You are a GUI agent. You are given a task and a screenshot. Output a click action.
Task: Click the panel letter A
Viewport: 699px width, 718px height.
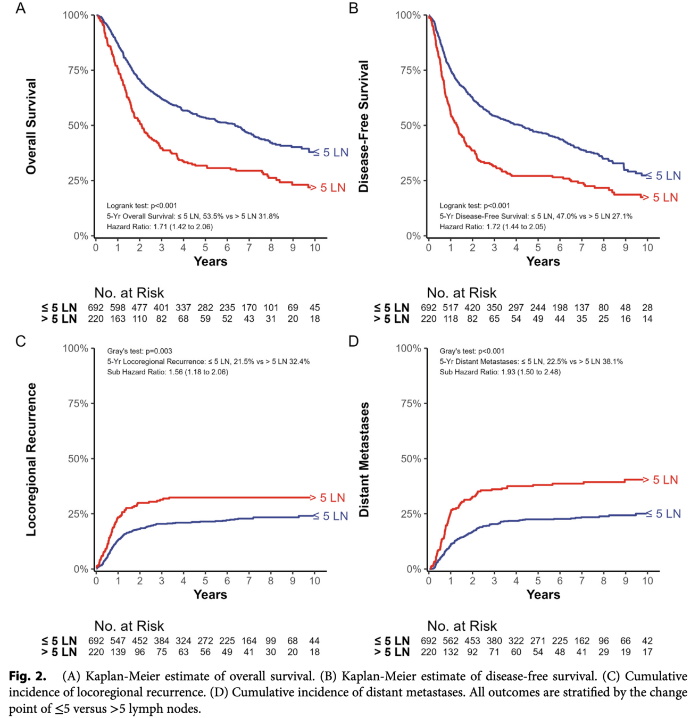tap(20, 9)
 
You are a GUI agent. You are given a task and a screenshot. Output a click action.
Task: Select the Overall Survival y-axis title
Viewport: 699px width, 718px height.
tap(31, 127)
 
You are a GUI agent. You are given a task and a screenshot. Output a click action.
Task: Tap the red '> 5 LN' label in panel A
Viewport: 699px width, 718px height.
tap(328, 188)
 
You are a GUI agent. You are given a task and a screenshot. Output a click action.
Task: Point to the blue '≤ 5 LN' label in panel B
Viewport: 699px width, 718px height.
tap(663, 176)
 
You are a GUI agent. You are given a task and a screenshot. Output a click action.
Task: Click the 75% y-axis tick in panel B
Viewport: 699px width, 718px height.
tap(410, 70)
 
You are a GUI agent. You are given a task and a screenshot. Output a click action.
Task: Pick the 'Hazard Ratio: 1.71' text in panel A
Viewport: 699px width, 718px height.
tap(160, 227)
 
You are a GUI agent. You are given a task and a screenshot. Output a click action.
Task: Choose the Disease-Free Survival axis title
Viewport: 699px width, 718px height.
tap(364, 127)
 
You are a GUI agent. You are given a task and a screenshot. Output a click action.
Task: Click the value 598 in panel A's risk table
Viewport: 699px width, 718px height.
tap(118, 307)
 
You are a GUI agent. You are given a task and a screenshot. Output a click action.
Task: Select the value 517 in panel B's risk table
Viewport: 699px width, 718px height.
tap(450, 307)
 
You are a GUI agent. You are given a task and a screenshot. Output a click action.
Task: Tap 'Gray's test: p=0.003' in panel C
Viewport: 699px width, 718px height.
tap(139, 351)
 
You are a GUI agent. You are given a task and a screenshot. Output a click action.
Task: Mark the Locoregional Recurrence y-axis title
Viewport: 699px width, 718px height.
tap(31, 460)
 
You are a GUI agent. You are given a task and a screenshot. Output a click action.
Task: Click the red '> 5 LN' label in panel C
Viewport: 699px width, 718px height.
tap(328, 498)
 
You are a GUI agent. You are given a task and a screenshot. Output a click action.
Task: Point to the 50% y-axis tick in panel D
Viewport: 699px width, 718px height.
tap(410, 458)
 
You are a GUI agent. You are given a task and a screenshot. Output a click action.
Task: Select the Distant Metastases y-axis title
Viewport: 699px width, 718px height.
tap(364, 460)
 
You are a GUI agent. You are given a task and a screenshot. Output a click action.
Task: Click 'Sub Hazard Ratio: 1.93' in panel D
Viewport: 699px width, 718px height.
tap(500, 372)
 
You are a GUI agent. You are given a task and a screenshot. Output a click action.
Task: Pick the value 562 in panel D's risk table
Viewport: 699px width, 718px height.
tap(450, 641)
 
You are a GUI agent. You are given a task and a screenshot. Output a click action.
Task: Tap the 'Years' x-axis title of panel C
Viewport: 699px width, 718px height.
tap(210, 595)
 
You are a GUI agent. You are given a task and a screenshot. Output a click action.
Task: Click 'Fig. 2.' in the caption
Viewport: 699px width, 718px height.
tap(28, 677)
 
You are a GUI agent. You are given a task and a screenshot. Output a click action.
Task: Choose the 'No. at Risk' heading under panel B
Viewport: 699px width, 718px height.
tap(461, 293)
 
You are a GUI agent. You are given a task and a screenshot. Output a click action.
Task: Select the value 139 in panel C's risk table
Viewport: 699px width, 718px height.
tap(118, 652)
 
